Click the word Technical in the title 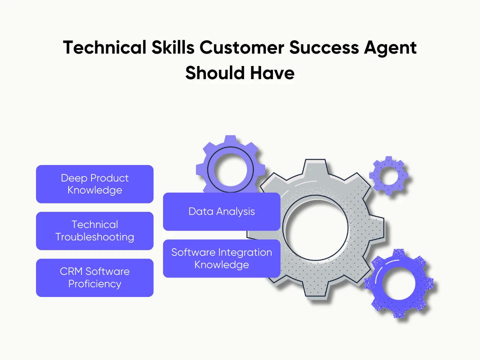[105, 48]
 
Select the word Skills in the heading [173, 48]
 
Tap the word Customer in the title [241, 48]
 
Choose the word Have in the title [272, 73]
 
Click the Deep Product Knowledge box [94, 184]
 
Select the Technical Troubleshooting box [94, 231]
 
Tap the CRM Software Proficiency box [94, 278]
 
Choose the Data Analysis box [222, 211]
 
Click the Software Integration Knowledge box [222, 258]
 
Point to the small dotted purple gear [389, 175]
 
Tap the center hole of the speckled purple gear [399, 284]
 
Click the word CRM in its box [71, 271]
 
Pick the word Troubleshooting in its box [94, 237]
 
